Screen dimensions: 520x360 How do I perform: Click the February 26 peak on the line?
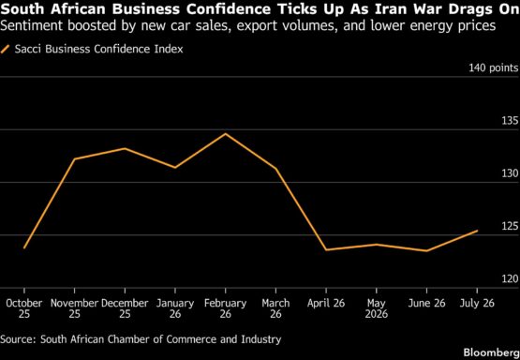click(x=226, y=134)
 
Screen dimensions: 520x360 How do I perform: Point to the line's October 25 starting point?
click(x=24, y=248)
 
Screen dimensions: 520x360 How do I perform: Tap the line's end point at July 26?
click(x=477, y=231)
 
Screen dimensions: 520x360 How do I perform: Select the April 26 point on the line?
click(x=326, y=249)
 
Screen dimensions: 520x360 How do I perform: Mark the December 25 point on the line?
click(x=125, y=148)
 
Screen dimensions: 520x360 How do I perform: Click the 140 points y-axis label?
click(x=494, y=68)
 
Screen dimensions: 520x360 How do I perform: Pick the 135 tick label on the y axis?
click(x=510, y=120)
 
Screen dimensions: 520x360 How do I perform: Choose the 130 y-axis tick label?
click(x=510, y=173)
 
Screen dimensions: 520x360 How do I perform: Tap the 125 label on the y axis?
click(x=510, y=226)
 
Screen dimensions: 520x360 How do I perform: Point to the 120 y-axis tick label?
click(x=510, y=279)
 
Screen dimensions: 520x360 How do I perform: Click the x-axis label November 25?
click(x=75, y=308)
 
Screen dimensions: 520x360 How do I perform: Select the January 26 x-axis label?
click(x=175, y=308)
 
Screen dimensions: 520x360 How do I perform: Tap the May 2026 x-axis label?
click(x=377, y=308)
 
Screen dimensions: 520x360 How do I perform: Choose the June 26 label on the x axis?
click(x=427, y=303)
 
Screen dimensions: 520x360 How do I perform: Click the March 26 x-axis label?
click(x=275, y=308)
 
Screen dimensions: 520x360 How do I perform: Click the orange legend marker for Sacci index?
click(x=5, y=50)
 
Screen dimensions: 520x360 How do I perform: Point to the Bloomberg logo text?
click(x=492, y=352)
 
